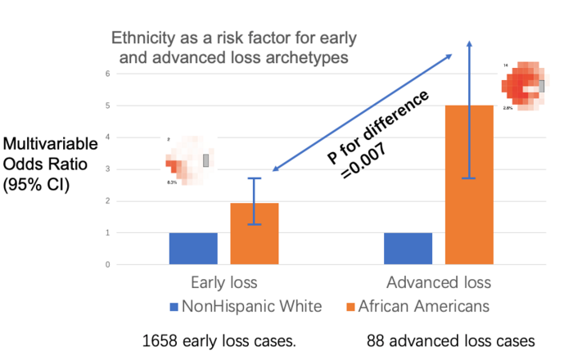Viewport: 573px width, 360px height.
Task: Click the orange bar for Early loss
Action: [x=255, y=234]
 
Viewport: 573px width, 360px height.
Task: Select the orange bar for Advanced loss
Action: [x=469, y=185]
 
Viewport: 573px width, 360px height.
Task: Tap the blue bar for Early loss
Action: [x=193, y=249]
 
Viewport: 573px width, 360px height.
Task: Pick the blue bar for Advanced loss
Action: [x=408, y=249]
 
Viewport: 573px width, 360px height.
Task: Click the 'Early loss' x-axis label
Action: [x=223, y=283]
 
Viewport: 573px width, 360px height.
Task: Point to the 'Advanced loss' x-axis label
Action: [x=439, y=283]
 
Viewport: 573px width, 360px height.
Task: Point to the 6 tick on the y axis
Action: [x=106, y=74]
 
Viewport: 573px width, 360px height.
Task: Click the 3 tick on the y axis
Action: [x=106, y=169]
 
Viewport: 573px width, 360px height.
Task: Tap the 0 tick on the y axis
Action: [x=106, y=265]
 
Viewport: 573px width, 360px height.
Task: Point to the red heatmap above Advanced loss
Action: [x=521, y=84]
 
